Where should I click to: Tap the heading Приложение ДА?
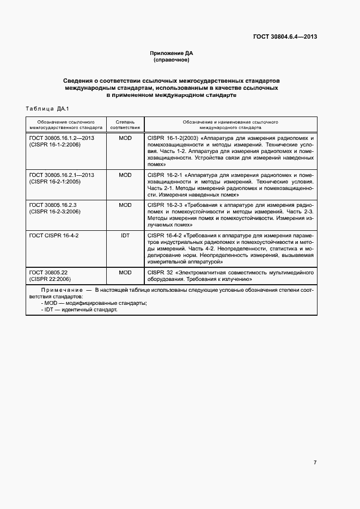[172, 53]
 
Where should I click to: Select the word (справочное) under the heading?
[172, 60]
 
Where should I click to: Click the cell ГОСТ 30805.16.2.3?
[53, 205]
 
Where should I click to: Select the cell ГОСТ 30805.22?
[48, 272]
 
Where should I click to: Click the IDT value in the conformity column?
[125, 235]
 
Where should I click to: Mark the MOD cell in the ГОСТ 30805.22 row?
[125, 272]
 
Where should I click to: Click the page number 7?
[315, 462]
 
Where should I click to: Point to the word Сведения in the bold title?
[78, 81]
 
